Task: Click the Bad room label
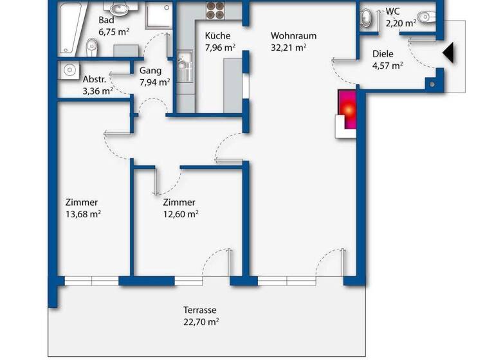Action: pyautogui.click(x=107, y=21)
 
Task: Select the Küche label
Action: pyautogui.click(x=217, y=36)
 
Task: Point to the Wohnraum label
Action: pyautogui.click(x=293, y=36)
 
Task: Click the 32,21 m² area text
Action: pyautogui.click(x=288, y=47)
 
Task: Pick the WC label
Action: pyautogui.click(x=392, y=12)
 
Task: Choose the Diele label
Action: pyautogui.click(x=382, y=54)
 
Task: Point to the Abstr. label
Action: pyautogui.click(x=95, y=80)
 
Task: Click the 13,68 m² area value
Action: pyautogui.click(x=82, y=214)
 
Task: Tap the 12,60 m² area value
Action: pyautogui.click(x=180, y=214)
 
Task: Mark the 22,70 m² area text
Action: pyautogui.click(x=201, y=321)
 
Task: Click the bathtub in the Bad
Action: pyautogui.click(x=69, y=27)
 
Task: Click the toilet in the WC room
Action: pyautogui.click(x=425, y=16)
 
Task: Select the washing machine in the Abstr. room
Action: pyautogui.click(x=68, y=69)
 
